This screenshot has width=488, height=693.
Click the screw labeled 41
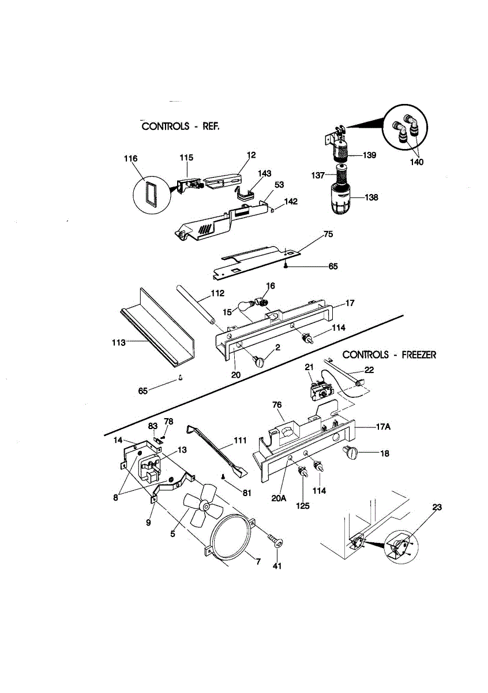coord(277,542)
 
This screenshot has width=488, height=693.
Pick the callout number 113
coord(118,342)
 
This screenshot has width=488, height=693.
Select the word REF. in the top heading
coord(211,126)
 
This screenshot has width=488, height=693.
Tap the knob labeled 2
coord(260,362)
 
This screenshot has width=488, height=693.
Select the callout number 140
coord(416,162)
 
